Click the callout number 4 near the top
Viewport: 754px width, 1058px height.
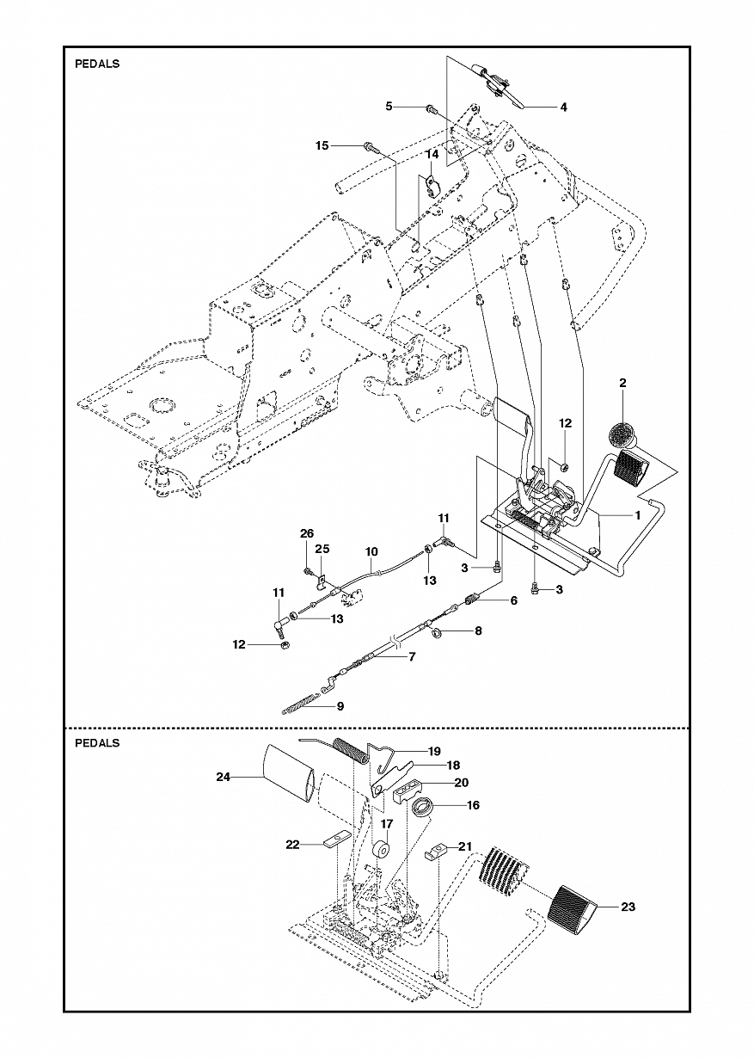(564, 108)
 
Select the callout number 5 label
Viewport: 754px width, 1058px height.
(389, 106)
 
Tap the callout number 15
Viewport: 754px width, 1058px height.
(322, 146)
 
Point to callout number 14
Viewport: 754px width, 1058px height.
(432, 155)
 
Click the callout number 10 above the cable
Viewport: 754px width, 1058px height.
(371, 551)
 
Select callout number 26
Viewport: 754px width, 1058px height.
(307, 533)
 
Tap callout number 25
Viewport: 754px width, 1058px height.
(322, 549)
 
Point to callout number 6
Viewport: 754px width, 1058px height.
(513, 601)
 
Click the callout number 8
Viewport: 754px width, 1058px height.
(478, 630)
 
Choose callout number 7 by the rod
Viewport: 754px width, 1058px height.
(412, 656)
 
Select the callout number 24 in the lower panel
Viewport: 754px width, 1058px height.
(224, 777)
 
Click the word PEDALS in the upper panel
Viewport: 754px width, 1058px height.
(97, 64)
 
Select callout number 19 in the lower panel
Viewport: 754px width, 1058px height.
(434, 750)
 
